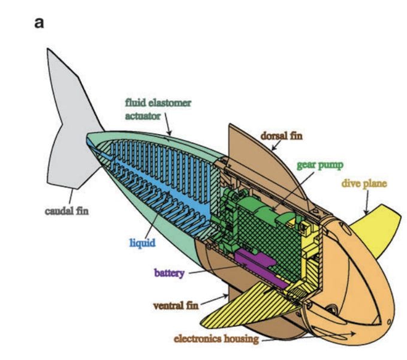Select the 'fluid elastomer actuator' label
click(x=158, y=109)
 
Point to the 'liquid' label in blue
click(x=143, y=243)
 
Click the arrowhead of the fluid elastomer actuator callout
click(x=170, y=134)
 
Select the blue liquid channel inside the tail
click(x=150, y=180)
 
